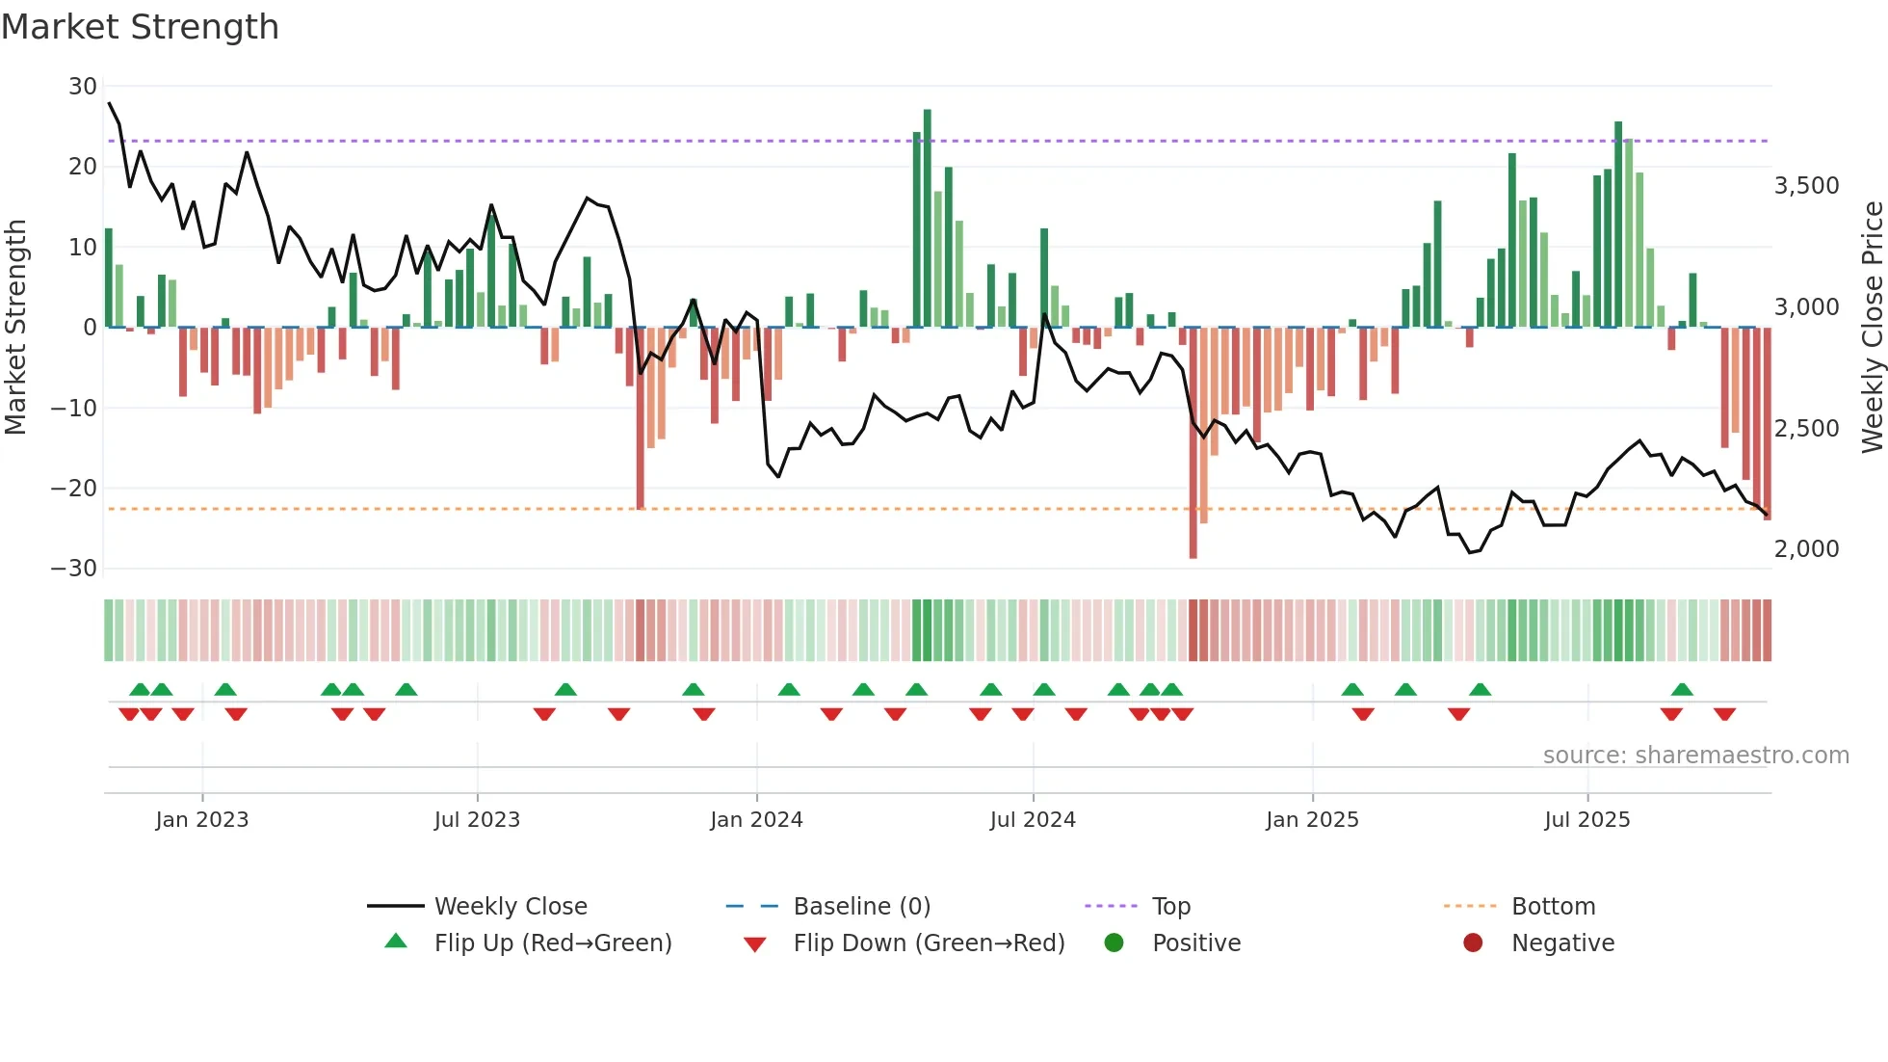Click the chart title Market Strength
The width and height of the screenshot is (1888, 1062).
[140, 27]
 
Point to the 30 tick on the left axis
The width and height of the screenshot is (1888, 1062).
[83, 87]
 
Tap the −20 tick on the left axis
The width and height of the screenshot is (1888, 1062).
[74, 489]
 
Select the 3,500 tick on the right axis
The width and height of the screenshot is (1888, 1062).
[1806, 186]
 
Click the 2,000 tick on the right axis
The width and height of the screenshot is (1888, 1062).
[1806, 549]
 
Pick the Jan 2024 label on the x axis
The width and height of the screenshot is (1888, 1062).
[756, 820]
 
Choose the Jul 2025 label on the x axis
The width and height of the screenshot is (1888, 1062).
[1586, 820]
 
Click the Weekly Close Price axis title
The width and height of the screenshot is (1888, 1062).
[1872, 328]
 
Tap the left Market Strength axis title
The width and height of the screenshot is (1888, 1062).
[16, 328]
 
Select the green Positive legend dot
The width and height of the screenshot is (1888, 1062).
[1114, 943]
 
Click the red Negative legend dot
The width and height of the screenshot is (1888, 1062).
[1473, 943]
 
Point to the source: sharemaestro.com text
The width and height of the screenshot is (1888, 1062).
[1695, 756]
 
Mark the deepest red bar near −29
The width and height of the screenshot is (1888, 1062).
[1193, 443]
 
